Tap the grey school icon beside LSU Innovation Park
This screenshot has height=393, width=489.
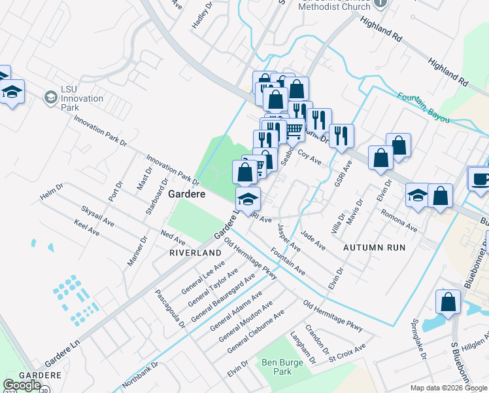click(x=50, y=98)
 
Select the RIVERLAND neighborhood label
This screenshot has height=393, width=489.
click(x=195, y=252)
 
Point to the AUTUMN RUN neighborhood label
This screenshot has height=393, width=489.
click(x=375, y=248)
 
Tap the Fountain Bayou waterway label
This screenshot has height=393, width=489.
click(x=428, y=107)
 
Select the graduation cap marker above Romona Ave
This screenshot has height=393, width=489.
click(x=417, y=196)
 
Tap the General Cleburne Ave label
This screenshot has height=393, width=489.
click(x=256, y=332)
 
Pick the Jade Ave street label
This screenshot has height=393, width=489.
click(x=313, y=239)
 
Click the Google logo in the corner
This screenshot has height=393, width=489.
click(x=22, y=385)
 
